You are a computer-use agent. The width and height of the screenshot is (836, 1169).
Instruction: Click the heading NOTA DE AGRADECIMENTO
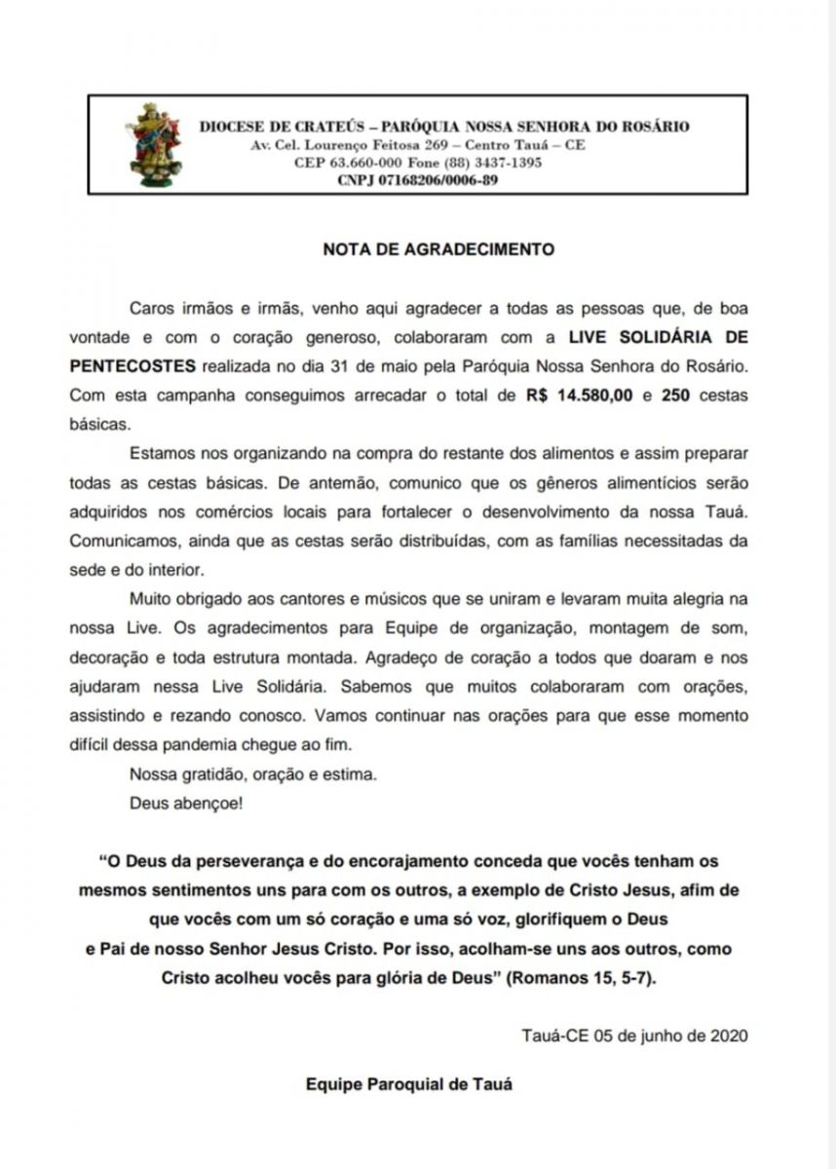point(438,249)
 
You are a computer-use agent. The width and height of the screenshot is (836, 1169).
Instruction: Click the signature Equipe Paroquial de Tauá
point(408,1083)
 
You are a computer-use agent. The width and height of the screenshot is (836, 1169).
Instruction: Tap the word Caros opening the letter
point(152,308)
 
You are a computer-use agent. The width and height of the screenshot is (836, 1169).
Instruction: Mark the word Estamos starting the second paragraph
point(161,454)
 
